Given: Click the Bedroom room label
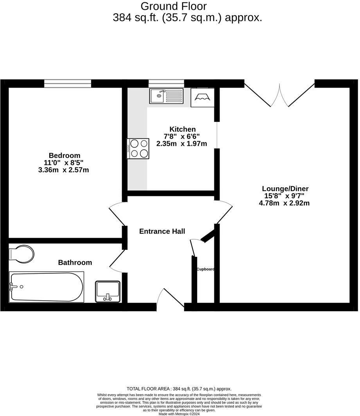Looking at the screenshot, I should (x=65, y=155).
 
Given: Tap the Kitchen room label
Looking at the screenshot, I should (x=182, y=129).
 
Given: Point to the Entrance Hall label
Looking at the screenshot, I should (x=162, y=231).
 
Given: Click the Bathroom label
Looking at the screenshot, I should (x=75, y=262).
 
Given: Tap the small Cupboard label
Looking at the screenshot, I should (x=205, y=269).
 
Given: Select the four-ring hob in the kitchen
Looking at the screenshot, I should (x=138, y=149).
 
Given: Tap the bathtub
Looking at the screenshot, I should (x=47, y=287).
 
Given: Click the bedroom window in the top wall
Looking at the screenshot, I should (x=68, y=83).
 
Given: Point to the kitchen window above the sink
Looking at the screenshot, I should (x=166, y=83).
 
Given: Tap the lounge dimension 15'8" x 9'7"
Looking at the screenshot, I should (x=284, y=196).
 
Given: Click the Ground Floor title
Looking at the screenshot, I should (x=173, y=6).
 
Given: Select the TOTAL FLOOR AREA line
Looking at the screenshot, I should (x=179, y=389).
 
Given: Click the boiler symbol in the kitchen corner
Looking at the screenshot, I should (x=202, y=97).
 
